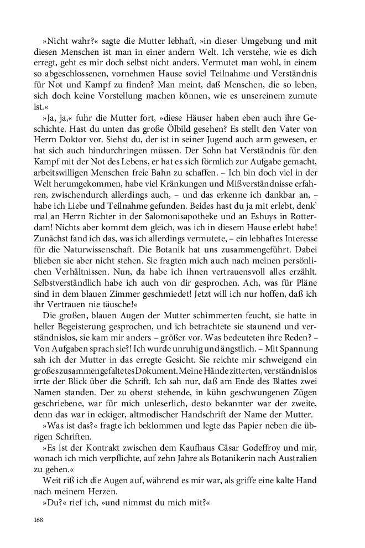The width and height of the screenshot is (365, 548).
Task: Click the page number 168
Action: tap(38, 520)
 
